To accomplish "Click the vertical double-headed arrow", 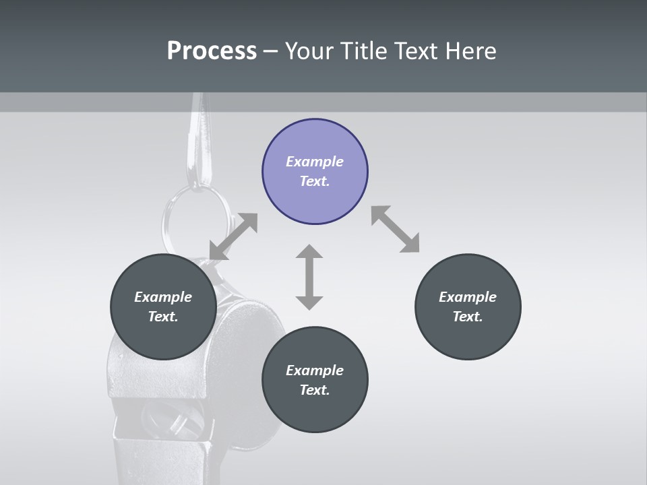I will point(309,277).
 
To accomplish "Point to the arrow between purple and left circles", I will point(233,236).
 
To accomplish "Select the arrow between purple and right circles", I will point(395,229).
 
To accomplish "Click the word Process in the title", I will point(212,51).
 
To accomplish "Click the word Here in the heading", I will point(471,51).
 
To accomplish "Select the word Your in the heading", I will point(309,51).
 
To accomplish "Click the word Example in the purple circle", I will point(315,162).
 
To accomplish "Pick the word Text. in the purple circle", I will point(315,181).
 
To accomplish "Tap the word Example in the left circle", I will point(163,297).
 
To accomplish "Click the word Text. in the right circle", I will point(468,317).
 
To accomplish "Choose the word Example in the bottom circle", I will point(315,370).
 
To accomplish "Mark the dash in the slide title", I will point(271,51).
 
